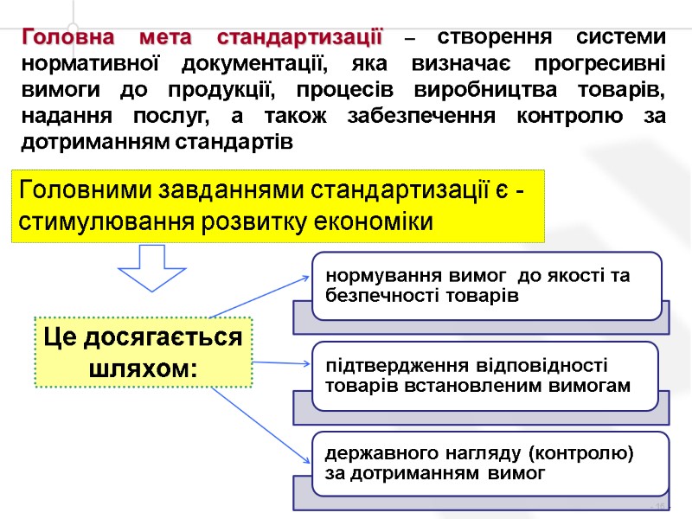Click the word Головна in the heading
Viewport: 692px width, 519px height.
(67, 39)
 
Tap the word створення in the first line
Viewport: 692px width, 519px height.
(490, 39)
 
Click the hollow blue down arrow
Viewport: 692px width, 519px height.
(153, 267)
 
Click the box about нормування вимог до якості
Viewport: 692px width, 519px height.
(486, 286)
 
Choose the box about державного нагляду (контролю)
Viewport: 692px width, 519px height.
(490, 464)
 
